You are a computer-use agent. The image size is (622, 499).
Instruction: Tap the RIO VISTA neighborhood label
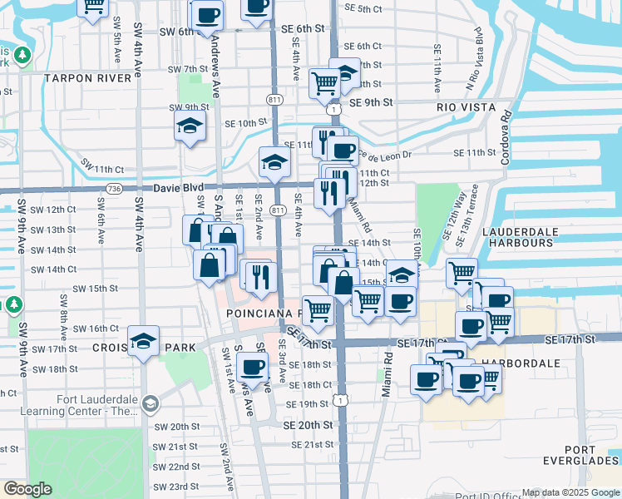(466, 107)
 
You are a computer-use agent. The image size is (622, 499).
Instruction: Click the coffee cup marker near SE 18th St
(252, 366)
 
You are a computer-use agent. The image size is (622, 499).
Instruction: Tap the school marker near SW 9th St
(190, 126)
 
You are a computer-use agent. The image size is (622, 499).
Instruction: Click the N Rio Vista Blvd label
(474, 58)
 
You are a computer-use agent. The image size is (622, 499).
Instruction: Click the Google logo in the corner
(27, 489)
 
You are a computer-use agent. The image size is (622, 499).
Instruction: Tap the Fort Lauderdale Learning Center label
(98, 405)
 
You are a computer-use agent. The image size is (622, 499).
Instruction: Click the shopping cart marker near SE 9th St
(323, 82)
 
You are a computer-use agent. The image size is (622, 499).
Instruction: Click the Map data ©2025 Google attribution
(570, 492)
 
